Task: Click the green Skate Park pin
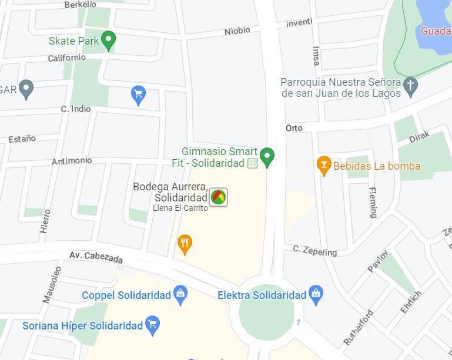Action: [108, 40]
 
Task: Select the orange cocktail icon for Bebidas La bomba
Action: [323, 165]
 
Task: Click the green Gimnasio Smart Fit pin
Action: [267, 156]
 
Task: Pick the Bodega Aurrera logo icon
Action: [218, 197]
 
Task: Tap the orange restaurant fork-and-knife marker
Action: [185, 243]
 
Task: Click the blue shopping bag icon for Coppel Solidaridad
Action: [180, 294]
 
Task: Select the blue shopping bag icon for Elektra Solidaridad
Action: [316, 294]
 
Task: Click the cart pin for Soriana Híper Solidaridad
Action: [153, 325]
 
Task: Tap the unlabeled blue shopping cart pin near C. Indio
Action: [138, 94]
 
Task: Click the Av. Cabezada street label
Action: [96, 257]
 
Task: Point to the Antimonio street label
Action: [72, 160]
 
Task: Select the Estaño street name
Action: [22, 139]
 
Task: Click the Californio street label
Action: [66, 58]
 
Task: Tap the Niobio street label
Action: [237, 31]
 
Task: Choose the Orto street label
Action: [294, 128]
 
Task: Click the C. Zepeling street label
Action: [315, 251]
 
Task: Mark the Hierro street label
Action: [45, 221]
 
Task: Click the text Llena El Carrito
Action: [180, 208]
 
